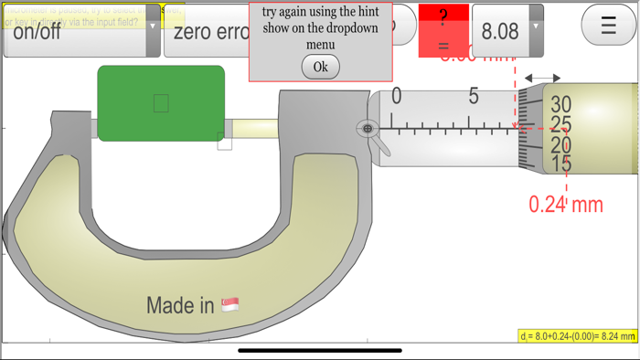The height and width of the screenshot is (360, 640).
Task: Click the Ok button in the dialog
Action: (320, 67)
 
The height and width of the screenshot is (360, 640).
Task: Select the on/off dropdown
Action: (80, 32)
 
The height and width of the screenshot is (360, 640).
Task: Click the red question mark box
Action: (443, 30)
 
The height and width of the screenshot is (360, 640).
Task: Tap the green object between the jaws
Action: (161, 103)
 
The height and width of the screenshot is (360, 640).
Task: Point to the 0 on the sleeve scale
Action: (396, 96)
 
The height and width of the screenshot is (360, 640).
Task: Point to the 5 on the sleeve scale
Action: (474, 96)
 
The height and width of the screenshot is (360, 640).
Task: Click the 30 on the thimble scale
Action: (560, 104)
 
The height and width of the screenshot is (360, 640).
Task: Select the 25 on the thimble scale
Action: (560, 124)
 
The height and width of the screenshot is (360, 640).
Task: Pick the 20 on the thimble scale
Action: (560, 144)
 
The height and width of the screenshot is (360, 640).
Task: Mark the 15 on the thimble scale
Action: (560, 164)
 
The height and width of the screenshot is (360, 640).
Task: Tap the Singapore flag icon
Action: (230, 305)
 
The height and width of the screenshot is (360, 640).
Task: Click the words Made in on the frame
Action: (180, 305)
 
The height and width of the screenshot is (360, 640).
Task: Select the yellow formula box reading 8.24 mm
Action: (578, 337)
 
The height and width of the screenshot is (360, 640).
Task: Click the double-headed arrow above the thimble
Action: (543, 79)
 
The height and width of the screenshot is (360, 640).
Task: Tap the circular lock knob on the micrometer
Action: (368, 129)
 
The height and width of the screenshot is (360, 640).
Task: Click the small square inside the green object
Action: (161, 103)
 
